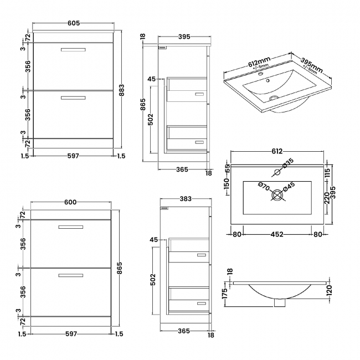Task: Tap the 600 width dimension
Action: coord(71,203)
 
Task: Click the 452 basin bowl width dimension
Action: coord(276,234)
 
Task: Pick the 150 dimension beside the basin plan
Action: coord(227,183)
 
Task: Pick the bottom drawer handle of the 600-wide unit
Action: coord(71,275)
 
